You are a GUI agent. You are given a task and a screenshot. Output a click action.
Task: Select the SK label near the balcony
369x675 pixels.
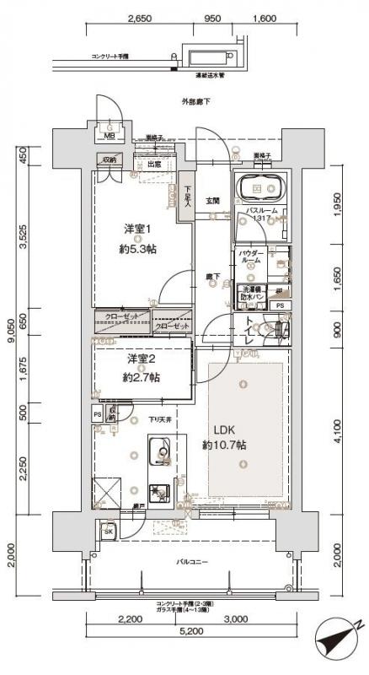tap(109, 531)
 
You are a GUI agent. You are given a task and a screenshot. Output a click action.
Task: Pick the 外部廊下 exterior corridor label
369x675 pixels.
tap(195, 102)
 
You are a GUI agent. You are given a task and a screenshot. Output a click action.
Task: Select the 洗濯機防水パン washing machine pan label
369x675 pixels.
tap(252, 292)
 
